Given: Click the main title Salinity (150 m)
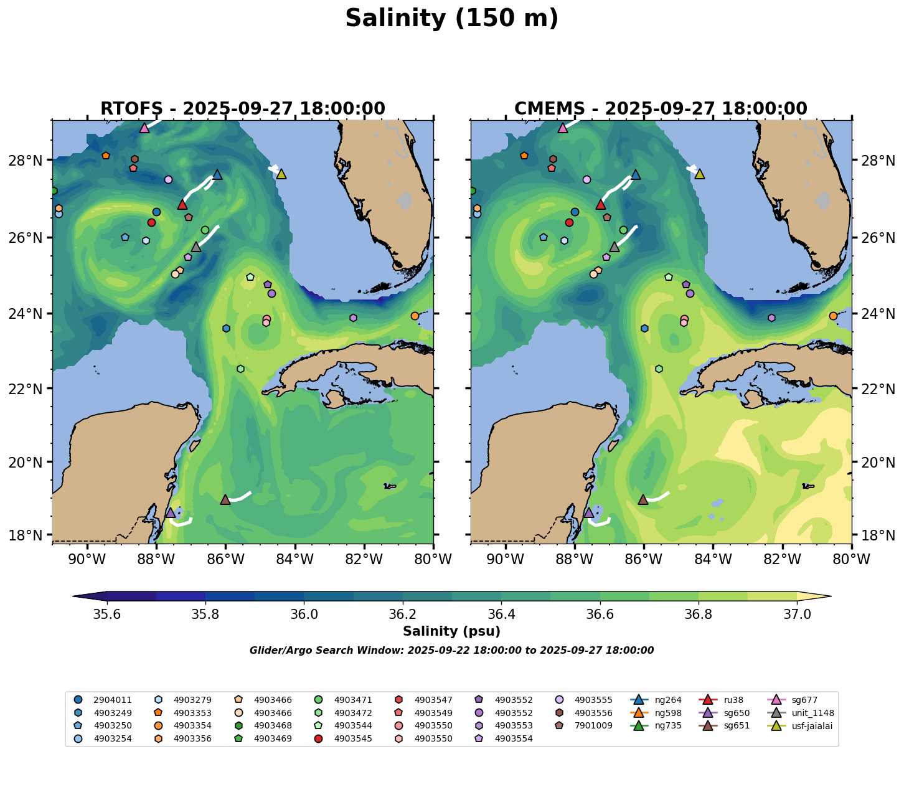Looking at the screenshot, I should pyautogui.click(x=451, y=19).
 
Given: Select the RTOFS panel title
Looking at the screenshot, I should pyautogui.click(x=243, y=109).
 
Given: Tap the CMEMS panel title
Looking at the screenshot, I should pyautogui.click(x=661, y=109).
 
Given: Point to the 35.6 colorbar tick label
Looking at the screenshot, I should pyautogui.click(x=107, y=615).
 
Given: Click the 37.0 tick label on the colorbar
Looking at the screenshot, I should pyautogui.click(x=796, y=615).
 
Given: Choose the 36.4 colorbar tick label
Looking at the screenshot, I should pyautogui.click(x=501, y=615).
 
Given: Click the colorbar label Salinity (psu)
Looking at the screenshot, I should pyautogui.click(x=451, y=631).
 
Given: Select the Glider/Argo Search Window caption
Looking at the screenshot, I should pyautogui.click(x=451, y=651).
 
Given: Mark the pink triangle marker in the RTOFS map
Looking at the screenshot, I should pyautogui.click(x=144, y=128).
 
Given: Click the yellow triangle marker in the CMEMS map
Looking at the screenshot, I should pyautogui.click(x=699, y=174).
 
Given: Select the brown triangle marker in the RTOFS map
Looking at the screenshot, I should pyautogui.click(x=225, y=499).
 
